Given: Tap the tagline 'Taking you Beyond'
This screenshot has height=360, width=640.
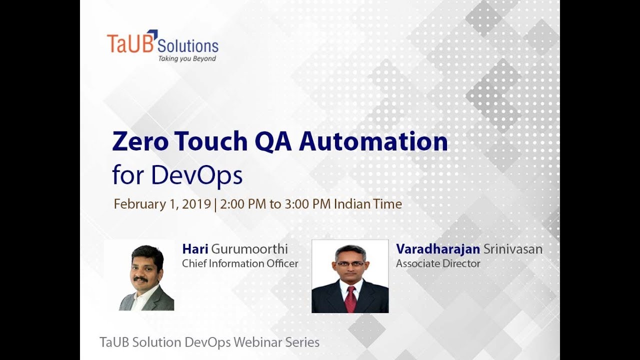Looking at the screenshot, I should click(x=187, y=58).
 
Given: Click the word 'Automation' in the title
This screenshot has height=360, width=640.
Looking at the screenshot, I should click(x=373, y=142).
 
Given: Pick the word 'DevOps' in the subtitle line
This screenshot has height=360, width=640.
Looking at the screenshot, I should click(x=197, y=175).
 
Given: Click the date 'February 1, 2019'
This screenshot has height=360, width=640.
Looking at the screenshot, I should click(x=162, y=204).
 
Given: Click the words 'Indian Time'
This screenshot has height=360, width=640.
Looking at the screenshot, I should click(x=368, y=204).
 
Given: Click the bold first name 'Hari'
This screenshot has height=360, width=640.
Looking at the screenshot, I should click(x=195, y=249).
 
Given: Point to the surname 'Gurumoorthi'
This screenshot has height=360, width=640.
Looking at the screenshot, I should click(x=250, y=249).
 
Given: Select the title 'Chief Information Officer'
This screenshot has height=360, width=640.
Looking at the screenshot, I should click(x=240, y=263).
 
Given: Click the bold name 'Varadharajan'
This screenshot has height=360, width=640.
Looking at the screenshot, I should click(x=438, y=249).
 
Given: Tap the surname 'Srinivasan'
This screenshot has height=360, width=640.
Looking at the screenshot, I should click(x=513, y=249).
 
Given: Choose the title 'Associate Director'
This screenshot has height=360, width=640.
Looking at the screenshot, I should click(x=438, y=263).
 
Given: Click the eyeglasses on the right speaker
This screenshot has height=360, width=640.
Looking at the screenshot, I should click(x=350, y=263).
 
